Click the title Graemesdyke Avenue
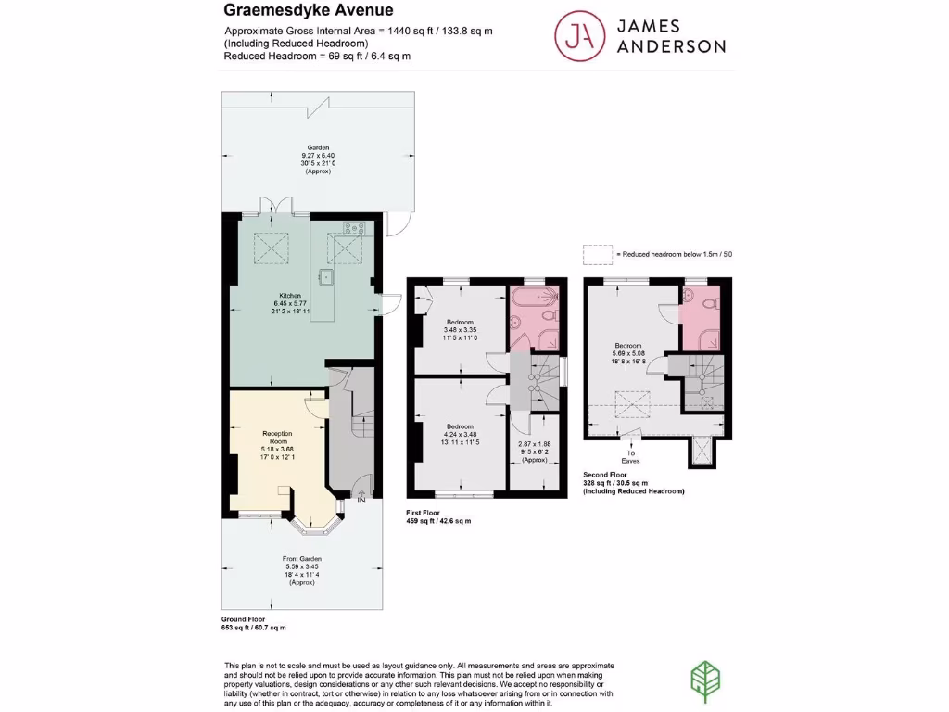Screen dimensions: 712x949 (309, 11)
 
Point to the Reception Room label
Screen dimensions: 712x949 (278, 439)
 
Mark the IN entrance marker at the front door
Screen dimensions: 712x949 (362, 502)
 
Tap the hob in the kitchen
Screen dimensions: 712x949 (352, 227)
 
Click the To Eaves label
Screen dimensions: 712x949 (632, 458)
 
